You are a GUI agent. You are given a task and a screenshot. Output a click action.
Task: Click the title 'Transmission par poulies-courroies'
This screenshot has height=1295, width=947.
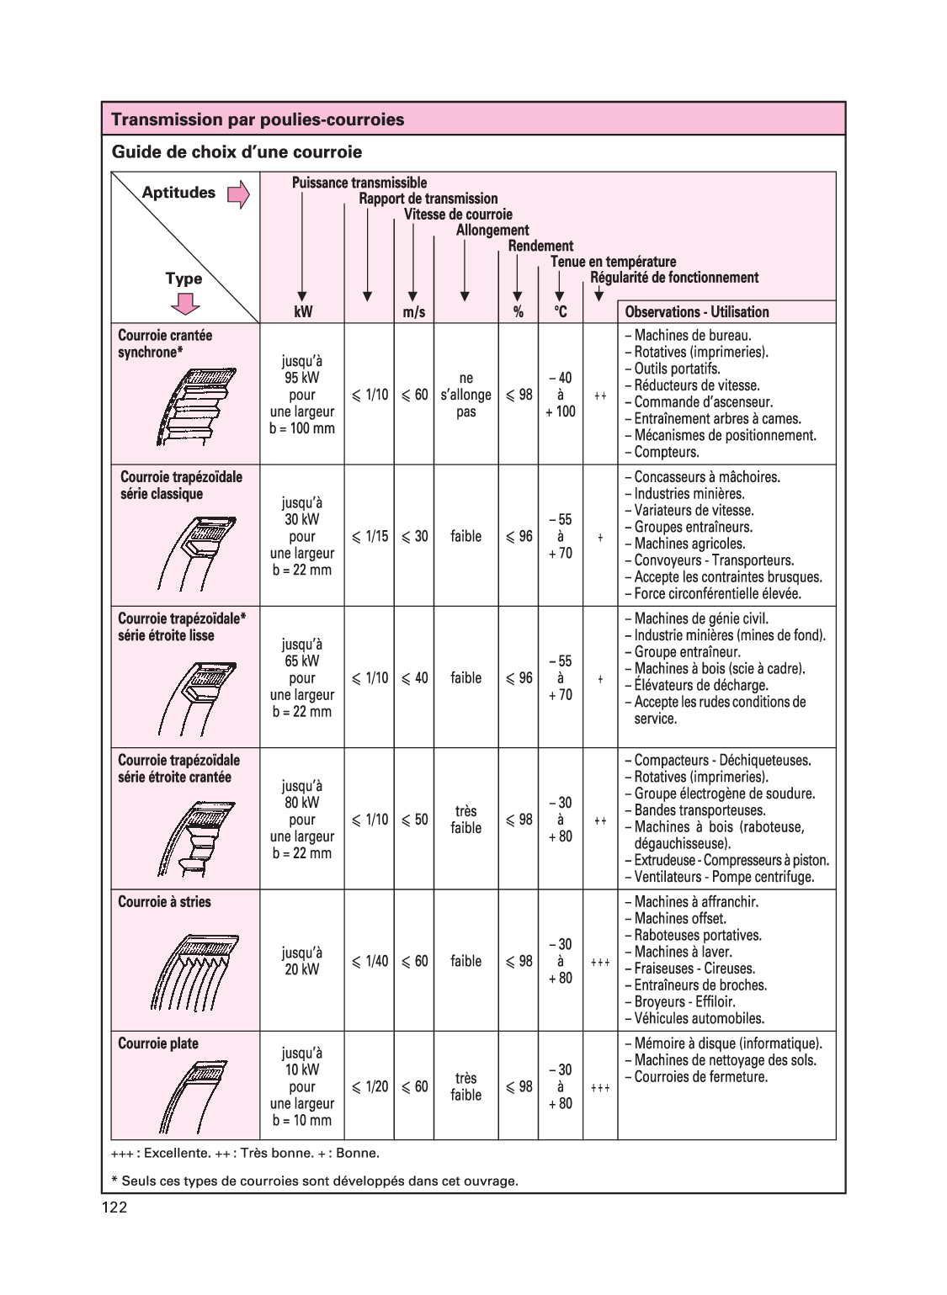[x=258, y=119]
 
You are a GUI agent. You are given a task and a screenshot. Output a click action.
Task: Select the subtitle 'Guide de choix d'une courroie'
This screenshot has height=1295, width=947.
[x=237, y=152]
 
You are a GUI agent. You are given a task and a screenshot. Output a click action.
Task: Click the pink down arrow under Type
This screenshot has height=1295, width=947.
[x=184, y=304]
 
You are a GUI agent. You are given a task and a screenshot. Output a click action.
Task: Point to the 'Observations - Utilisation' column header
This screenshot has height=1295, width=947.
[x=696, y=312]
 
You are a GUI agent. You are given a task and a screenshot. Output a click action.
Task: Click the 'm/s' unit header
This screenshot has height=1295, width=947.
[x=413, y=312]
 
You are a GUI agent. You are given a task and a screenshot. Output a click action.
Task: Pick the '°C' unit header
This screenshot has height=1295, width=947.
[x=560, y=312]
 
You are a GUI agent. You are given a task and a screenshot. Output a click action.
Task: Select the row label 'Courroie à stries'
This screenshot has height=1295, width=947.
[x=164, y=902]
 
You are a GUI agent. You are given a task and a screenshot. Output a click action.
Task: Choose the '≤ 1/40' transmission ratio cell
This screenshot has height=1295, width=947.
[x=370, y=961]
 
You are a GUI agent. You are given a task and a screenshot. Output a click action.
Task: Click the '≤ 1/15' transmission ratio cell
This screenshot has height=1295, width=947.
[x=370, y=536]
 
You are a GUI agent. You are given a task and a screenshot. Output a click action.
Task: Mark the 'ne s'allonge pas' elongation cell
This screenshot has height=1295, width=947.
[x=466, y=395]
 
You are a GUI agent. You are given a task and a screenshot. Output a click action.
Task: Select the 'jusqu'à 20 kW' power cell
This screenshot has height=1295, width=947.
[x=301, y=961]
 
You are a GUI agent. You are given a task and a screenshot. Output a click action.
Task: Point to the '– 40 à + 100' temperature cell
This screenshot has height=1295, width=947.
[x=560, y=395]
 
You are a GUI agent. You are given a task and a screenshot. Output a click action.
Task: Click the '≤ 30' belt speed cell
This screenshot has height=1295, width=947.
[x=414, y=536]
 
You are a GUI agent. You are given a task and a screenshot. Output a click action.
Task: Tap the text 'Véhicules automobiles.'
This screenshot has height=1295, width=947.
[x=699, y=1018]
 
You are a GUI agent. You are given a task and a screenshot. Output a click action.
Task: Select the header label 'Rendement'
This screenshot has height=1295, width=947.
[x=540, y=246]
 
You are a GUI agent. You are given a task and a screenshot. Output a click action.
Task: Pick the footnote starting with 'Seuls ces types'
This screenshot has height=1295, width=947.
[x=315, y=1181]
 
